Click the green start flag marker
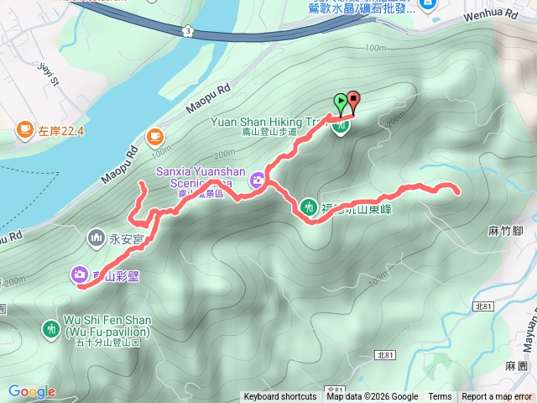point(341,102)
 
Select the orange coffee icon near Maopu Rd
point(154,136)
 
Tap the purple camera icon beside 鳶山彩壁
point(78,274)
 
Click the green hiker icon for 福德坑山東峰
point(310,207)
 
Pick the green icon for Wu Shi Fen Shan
point(50,327)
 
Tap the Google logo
point(32,391)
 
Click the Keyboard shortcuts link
point(280,397)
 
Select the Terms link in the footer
point(440,397)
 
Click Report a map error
point(498,397)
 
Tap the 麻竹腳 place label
point(504,228)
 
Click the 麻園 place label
point(515,366)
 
